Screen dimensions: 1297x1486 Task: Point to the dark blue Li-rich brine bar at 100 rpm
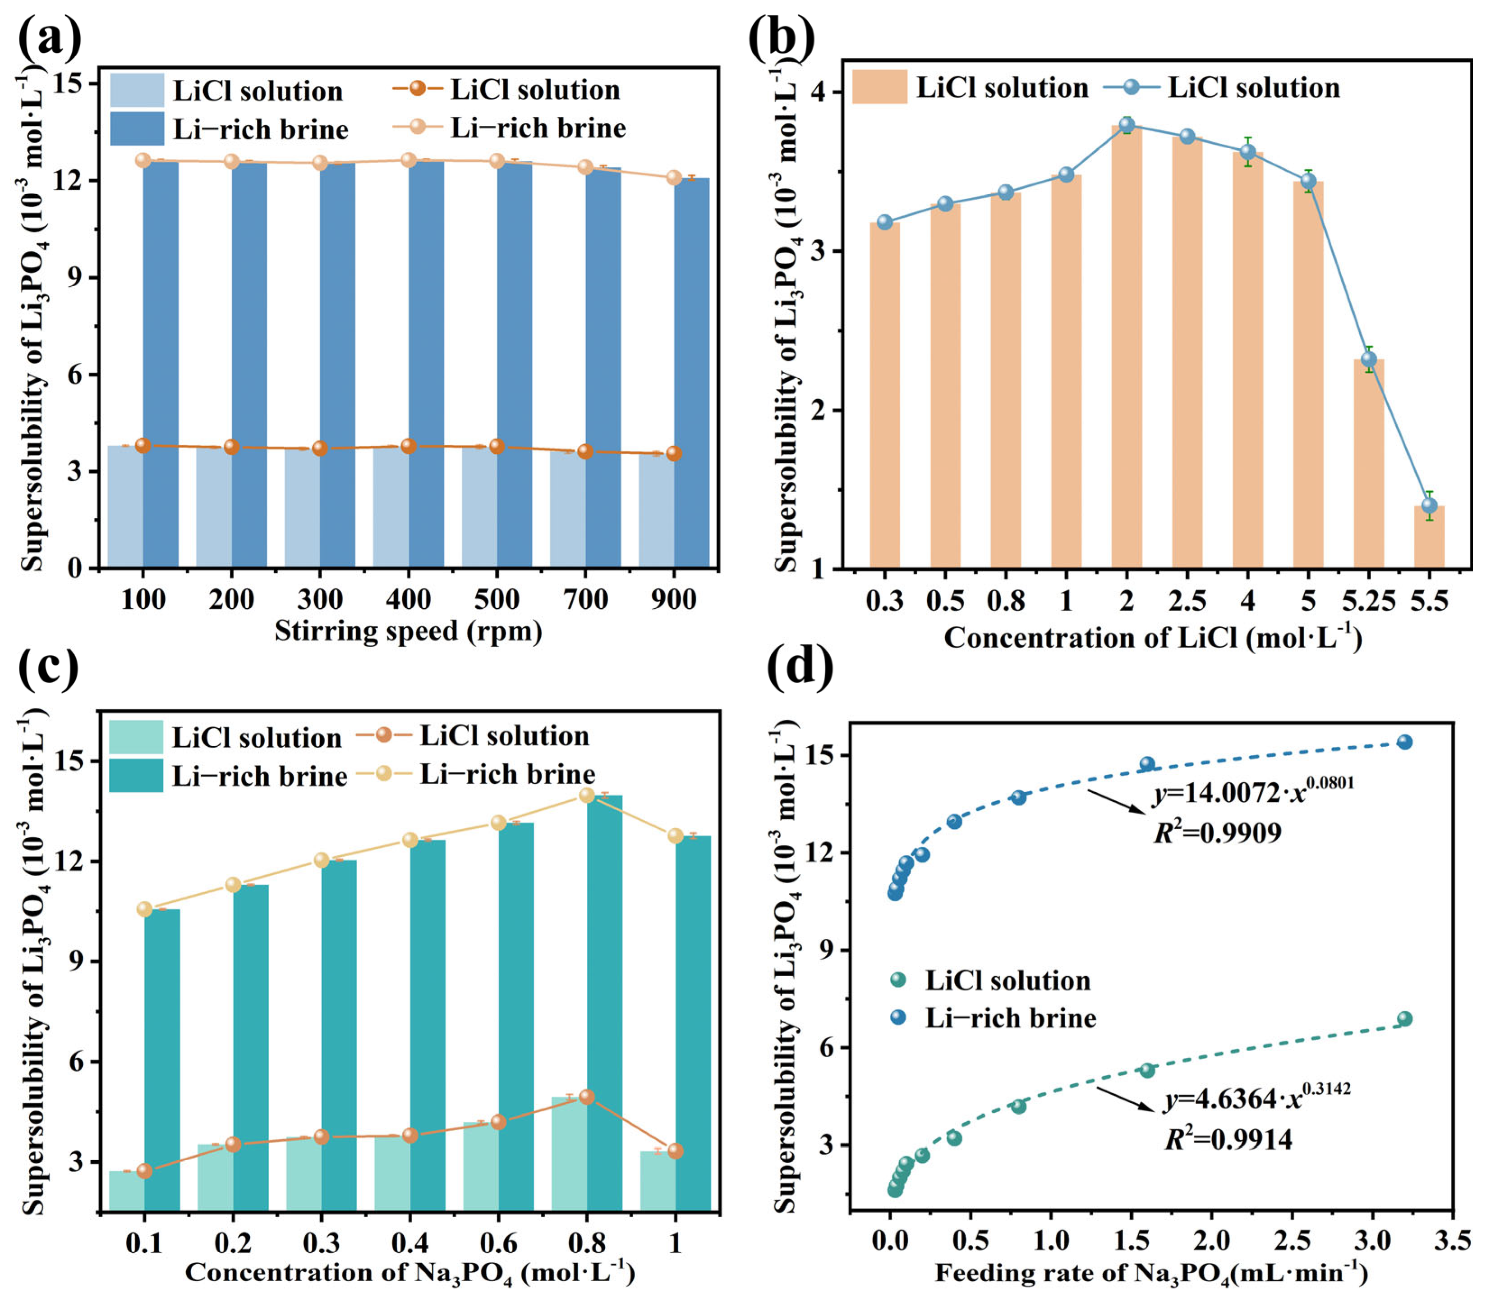pyautogui.click(x=161, y=362)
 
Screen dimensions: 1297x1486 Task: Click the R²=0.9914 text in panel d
pyautogui.click(x=1228, y=1140)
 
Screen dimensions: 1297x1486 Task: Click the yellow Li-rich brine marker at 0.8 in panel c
pyautogui.click(x=587, y=795)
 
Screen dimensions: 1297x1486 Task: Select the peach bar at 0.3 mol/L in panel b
pyautogui.click(x=884, y=394)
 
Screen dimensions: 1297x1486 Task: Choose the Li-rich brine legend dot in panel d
pyautogui.click(x=898, y=1017)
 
